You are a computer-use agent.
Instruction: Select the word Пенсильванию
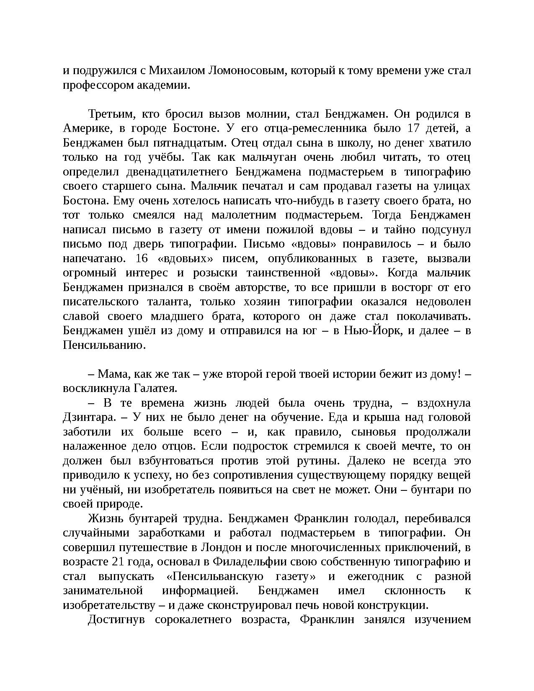(104, 345)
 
